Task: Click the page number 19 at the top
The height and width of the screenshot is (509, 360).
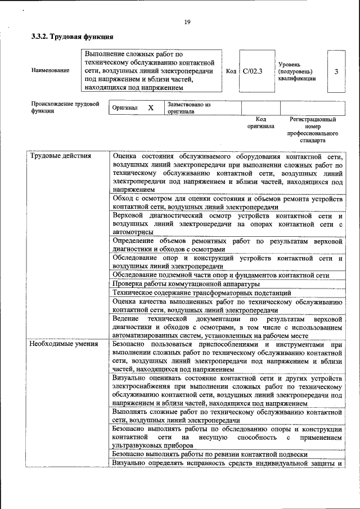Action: point(187,22)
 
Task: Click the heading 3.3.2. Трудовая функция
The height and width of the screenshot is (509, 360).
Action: point(73,37)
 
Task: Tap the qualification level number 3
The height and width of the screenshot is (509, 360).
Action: point(336,71)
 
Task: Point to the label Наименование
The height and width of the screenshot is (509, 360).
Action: point(51,71)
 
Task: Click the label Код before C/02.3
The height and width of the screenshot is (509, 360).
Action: point(231,71)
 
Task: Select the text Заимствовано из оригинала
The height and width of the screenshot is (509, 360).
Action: point(188,108)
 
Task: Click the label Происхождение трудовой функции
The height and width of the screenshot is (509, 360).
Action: point(65,107)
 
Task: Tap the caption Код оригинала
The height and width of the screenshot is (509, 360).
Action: point(260,123)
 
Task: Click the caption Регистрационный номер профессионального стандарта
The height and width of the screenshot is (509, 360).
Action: point(312,130)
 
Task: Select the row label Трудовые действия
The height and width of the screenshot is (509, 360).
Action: point(61,156)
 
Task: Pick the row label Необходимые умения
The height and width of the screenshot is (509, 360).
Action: point(64,344)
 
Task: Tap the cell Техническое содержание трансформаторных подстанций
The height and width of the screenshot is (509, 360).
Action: point(201,293)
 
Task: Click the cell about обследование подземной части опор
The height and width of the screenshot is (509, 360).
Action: point(220,275)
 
